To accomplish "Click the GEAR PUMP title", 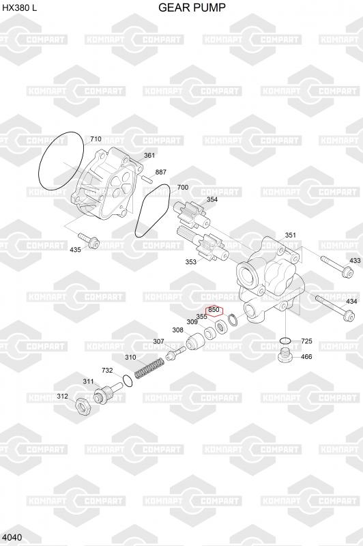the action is (x=192, y=8).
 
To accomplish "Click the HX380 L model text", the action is (x=20, y=8).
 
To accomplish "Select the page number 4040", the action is (x=12, y=537).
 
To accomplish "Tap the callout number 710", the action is (x=96, y=139).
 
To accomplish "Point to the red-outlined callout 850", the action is (x=214, y=310).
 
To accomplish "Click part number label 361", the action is (x=149, y=156).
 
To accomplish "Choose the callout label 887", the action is (x=161, y=172).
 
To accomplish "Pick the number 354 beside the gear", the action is (x=212, y=199).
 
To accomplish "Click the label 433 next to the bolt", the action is (x=355, y=260).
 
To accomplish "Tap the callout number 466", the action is (x=306, y=356).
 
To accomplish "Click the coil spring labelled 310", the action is (x=149, y=369).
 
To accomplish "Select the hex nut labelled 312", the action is (x=83, y=406).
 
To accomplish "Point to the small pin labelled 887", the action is (x=147, y=179).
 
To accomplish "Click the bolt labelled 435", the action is (x=89, y=240).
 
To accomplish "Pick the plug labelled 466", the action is (x=285, y=354).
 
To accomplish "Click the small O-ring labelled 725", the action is (x=285, y=340).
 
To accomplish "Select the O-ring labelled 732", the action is (x=128, y=381).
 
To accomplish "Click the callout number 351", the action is (x=290, y=235).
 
